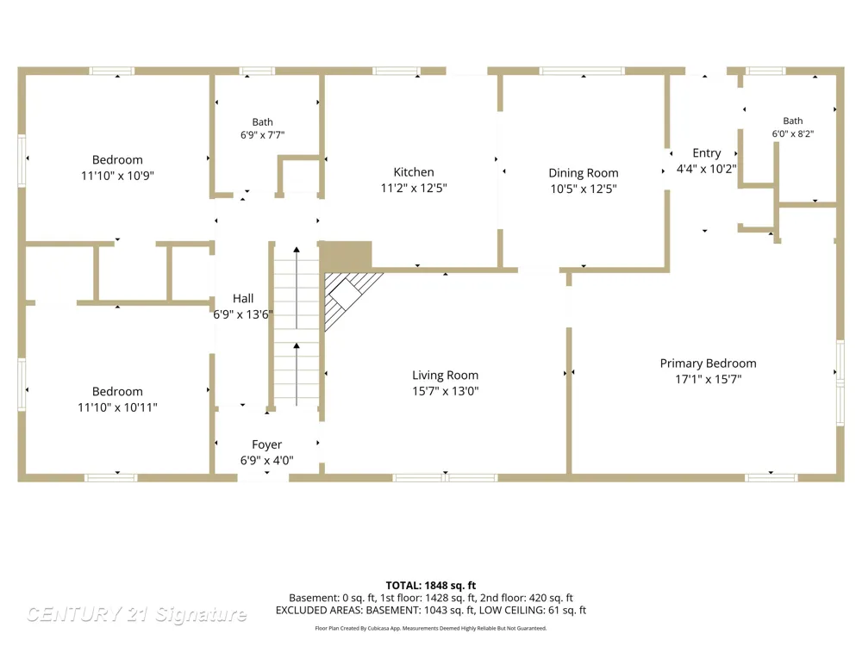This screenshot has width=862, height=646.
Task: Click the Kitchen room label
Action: [414, 172]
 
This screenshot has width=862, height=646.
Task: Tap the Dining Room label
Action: [584, 173]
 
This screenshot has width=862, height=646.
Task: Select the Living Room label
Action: [446, 376]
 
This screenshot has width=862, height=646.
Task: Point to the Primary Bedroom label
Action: [708, 363]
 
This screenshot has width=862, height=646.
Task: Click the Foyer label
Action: [266, 444]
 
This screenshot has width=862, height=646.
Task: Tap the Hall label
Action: [243, 298]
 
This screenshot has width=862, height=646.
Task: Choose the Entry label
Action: [707, 153]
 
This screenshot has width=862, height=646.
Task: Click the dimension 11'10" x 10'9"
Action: [117, 176]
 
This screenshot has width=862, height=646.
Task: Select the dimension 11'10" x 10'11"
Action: [117, 407]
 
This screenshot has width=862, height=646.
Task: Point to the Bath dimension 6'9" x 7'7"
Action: [262, 135]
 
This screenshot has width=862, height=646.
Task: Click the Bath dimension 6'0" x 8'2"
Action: [793, 134]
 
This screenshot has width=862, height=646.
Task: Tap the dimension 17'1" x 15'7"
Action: [708, 379]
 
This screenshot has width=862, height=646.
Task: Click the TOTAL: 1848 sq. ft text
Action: [431, 586]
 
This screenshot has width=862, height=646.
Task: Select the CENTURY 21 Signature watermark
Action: [136, 614]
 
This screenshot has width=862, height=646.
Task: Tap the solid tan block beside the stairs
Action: [346, 256]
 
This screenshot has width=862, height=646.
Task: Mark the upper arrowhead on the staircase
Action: [297, 250]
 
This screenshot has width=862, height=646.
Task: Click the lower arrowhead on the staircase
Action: [297, 346]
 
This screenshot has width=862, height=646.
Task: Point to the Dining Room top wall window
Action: [582, 71]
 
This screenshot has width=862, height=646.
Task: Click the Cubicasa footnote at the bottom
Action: [431, 628]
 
